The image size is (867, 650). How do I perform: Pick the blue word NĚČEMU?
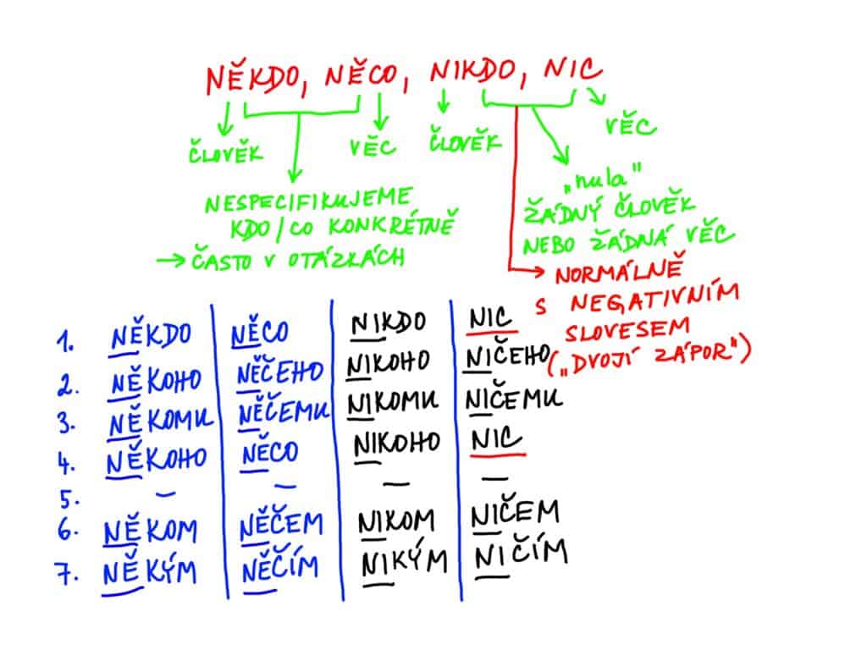[x=284, y=413]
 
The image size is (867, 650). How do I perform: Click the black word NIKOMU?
[x=393, y=403]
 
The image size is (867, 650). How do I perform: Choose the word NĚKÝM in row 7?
[x=149, y=571]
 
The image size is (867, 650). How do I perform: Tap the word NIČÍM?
[x=521, y=555]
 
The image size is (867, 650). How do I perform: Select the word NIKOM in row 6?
[x=396, y=521]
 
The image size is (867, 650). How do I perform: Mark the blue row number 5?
[x=69, y=499]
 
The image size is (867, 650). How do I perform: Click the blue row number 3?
[x=66, y=423]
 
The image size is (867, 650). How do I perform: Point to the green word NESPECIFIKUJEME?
[x=308, y=200]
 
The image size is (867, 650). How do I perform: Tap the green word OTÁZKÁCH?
[x=346, y=258]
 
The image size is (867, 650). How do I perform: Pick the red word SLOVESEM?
[x=627, y=330]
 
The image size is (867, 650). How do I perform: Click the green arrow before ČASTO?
[x=171, y=260]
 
